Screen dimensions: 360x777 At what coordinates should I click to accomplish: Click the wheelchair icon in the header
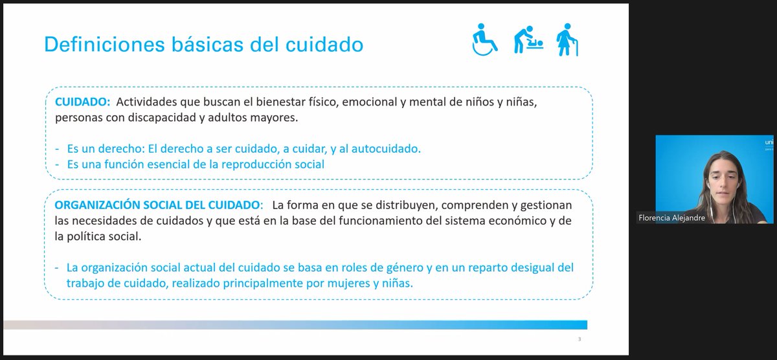click(x=484, y=40)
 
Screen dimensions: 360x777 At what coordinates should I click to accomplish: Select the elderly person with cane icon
click(x=567, y=40)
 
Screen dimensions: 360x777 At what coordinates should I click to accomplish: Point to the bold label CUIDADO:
click(x=82, y=102)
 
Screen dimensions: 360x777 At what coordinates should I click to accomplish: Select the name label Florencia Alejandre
click(x=671, y=218)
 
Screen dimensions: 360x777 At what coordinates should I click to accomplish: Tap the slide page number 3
click(x=579, y=339)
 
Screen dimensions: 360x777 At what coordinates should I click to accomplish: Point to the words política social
click(x=98, y=237)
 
